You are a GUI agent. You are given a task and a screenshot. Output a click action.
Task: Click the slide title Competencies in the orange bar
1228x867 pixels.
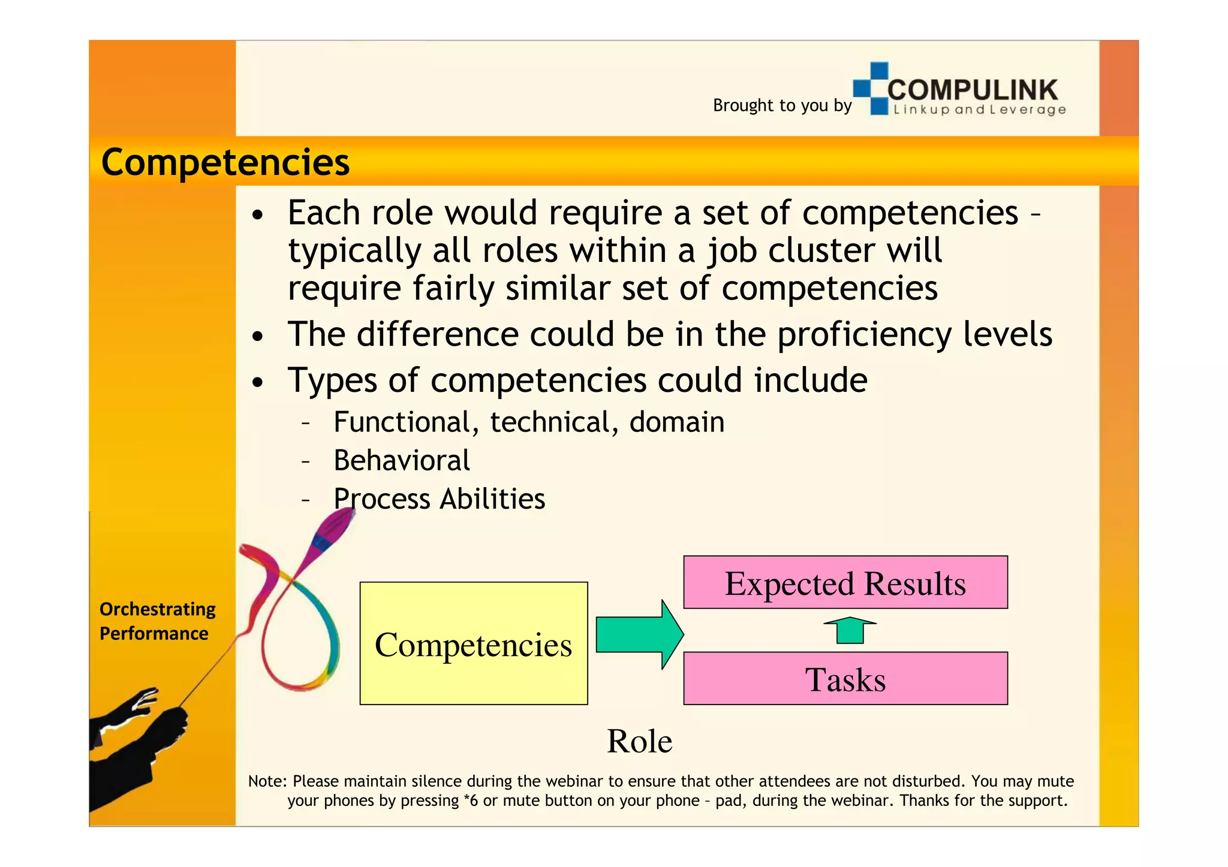click(225, 162)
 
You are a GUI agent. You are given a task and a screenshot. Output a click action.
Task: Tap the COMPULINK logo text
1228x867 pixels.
click(972, 90)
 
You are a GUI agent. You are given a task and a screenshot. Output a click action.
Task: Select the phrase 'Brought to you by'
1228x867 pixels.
click(782, 105)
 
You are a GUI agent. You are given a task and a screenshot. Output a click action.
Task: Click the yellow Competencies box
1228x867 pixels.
click(473, 644)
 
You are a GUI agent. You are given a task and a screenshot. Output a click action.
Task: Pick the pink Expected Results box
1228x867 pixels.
click(845, 582)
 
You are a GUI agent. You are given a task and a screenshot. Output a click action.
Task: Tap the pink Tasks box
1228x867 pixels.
click(845, 679)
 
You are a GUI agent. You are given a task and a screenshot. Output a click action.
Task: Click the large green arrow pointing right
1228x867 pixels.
click(639, 635)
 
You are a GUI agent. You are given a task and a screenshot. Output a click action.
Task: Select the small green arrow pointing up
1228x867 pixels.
click(850, 630)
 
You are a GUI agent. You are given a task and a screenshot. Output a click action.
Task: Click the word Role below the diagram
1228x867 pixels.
click(639, 741)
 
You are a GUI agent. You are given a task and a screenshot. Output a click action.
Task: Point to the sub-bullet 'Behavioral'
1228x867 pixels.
click(401, 461)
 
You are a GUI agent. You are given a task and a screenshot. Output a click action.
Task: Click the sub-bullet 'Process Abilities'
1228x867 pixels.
click(439, 499)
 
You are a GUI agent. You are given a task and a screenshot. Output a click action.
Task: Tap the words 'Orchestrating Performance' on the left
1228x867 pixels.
click(157, 621)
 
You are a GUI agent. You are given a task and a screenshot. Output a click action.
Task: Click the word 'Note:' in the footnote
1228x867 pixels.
click(267, 781)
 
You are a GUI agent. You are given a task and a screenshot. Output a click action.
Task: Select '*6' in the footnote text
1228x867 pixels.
click(471, 800)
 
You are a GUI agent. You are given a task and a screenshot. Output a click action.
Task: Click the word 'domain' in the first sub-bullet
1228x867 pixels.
click(676, 422)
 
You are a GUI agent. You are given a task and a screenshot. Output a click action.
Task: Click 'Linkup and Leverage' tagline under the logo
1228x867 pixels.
click(979, 110)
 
